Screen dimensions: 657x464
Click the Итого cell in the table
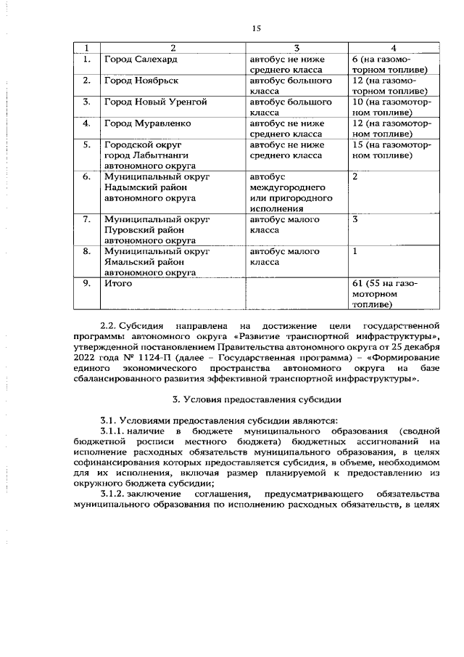(117, 284)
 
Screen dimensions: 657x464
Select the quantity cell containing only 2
(355, 176)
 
